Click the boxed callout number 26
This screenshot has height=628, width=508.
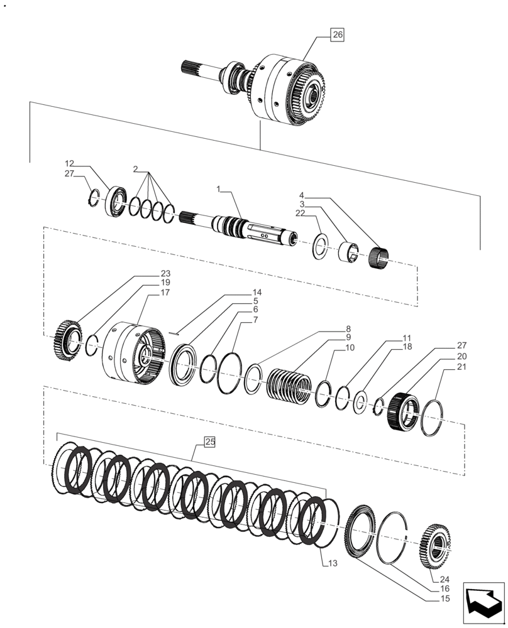[338, 35]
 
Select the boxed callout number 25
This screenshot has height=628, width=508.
[210, 443]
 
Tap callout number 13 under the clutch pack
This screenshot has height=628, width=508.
[333, 563]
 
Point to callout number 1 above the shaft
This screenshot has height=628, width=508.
[218, 188]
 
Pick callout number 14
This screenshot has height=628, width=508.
[257, 293]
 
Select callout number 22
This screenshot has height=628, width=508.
[301, 214]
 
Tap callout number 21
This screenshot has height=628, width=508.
[461, 366]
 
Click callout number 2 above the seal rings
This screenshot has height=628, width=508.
[135, 169]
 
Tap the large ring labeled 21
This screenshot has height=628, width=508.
[433, 418]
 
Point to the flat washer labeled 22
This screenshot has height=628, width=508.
[320, 247]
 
